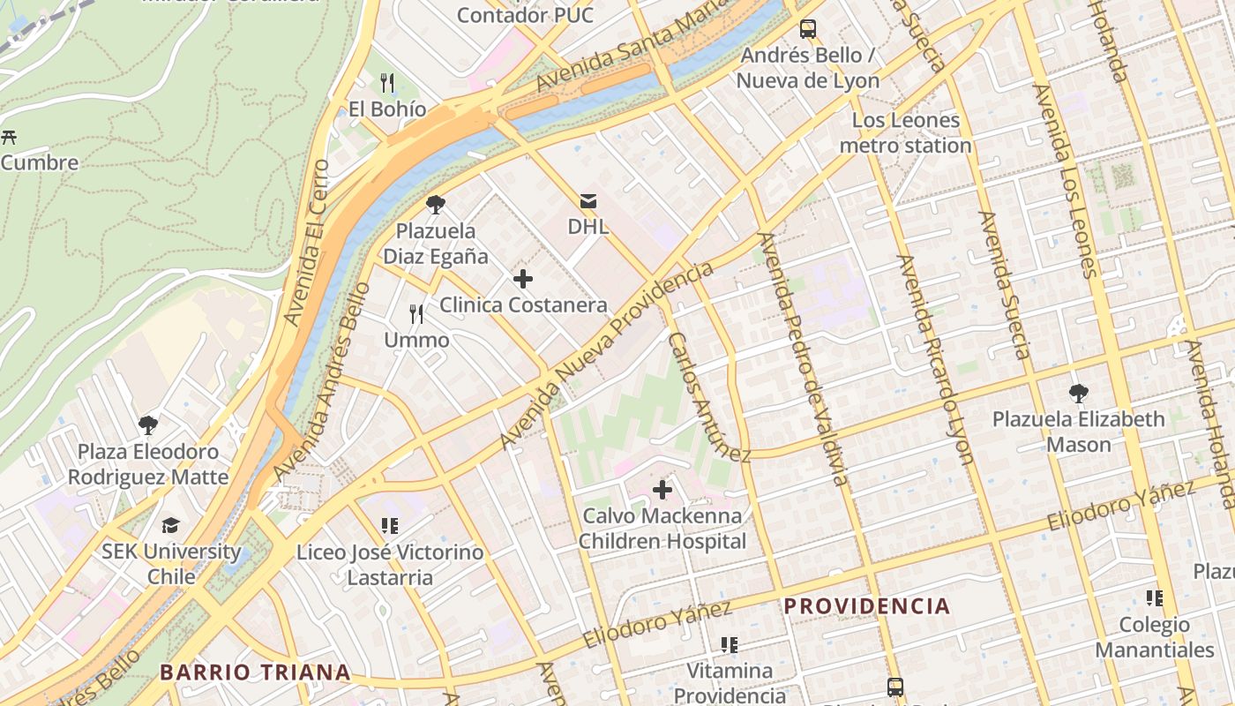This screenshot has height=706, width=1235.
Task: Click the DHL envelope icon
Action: click(x=588, y=202)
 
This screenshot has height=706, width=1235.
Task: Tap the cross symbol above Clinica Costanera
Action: click(x=522, y=280)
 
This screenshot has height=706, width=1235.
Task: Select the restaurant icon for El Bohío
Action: click(x=386, y=84)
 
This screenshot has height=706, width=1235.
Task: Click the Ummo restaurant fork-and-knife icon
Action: click(x=416, y=314)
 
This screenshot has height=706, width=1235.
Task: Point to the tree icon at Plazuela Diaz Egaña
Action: click(x=435, y=206)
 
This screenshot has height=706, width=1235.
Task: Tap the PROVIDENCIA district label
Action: click(x=866, y=606)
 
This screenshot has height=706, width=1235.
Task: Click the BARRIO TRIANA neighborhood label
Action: click(x=255, y=672)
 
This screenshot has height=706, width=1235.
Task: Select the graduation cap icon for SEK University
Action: click(x=170, y=526)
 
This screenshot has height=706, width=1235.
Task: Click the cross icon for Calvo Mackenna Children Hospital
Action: click(x=662, y=490)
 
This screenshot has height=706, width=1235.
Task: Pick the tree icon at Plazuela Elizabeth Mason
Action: click(x=1078, y=394)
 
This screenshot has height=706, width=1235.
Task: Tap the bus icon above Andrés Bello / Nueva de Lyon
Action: click(x=807, y=29)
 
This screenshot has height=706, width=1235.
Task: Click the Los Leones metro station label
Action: click(x=905, y=132)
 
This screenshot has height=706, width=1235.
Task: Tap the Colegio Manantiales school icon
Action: click(x=1154, y=598)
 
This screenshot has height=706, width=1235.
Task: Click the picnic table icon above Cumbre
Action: click(x=10, y=137)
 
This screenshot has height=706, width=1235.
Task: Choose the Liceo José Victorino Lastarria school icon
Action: click(x=389, y=527)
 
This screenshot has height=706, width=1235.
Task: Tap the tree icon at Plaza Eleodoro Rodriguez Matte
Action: click(x=148, y=425)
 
